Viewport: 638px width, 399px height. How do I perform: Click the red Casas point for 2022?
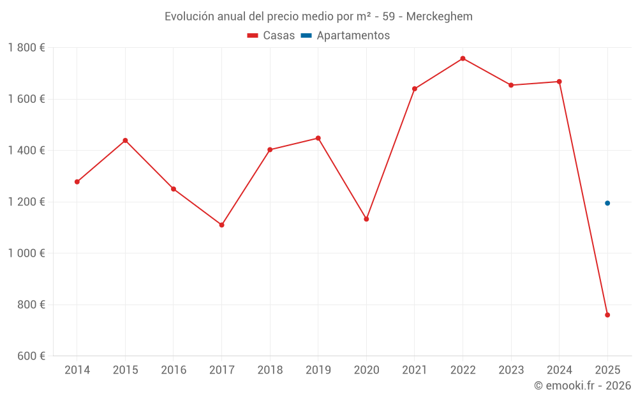(463, 59)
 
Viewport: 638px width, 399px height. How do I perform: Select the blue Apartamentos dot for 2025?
(607, 203)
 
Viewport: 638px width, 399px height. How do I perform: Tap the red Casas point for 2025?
(607, 315)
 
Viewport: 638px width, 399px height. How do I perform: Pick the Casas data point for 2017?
(221, 225)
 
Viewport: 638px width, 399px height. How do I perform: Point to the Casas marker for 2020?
(366, 219)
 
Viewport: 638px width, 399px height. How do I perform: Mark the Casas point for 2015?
(125, 140)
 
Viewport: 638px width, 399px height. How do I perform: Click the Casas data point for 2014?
(77, 182)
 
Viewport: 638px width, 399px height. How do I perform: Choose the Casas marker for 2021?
(415, 89)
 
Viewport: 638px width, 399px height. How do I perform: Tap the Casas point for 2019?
(318, 138)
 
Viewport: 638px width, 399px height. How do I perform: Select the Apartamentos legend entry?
(345, 36)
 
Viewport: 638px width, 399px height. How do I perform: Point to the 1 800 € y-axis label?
(26, 48)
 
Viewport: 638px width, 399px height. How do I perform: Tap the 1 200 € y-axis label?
(26, 202)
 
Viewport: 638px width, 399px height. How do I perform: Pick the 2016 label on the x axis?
(174, 370)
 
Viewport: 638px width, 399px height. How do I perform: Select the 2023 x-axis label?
(511, 370)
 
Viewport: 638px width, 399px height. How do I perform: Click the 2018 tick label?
(270, 370)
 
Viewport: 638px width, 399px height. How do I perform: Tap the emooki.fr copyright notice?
(582, 386)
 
